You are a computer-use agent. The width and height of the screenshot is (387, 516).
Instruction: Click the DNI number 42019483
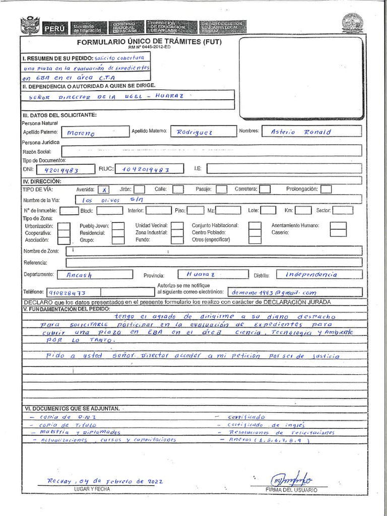pyautogui.click(x=61, y=170)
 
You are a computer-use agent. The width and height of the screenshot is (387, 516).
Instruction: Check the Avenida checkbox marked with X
pyautogui.click(x=104, y=190)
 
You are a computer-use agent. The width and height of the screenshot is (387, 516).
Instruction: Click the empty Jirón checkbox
pyautogui.click(x=140, y=189)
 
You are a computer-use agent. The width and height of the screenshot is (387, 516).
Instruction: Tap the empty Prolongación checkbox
pyautogui.click(x=326, y=189)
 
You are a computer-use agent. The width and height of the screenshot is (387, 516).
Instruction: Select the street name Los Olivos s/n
pyautogui.click(x=112, y=200)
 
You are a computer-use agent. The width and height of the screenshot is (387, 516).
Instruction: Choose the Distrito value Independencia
pyautogui.click(x=311, y=275)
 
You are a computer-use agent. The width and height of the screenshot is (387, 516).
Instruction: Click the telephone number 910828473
pyautogui.click(x=67, y=293)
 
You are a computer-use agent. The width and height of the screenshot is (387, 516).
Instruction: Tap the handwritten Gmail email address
pyautogui.click(x=273, y=292)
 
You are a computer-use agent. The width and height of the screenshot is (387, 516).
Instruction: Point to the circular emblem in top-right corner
pyautogui.click(x=352, y=23)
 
